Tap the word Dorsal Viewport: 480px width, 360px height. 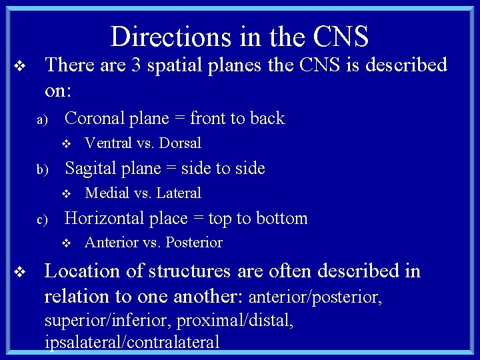click(x=180, y=143)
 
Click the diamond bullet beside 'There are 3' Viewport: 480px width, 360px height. click(x=20, y=66)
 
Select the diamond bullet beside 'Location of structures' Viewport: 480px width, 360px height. click(x=20, y=272)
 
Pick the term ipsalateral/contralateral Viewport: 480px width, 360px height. click(x=132, y=343)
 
